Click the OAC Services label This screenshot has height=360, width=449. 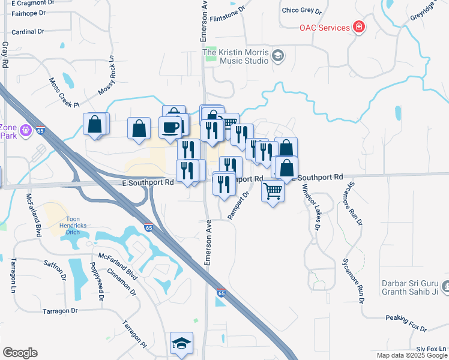point(325,28)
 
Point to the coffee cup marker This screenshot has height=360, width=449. point(170,127)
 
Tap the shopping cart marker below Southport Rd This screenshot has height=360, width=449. point(273,191)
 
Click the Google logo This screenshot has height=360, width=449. point(20,353)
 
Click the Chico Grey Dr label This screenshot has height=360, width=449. point(302,11)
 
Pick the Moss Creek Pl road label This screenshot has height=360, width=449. point(64,92)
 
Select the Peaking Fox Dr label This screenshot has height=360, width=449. point(406,323)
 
